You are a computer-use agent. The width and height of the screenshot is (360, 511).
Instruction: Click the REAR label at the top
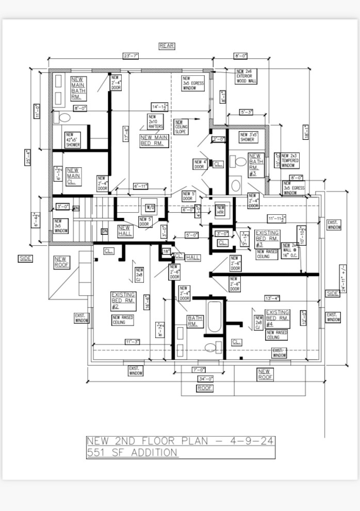point(167,46)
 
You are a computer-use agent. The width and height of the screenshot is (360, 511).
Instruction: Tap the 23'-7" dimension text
point(130,56)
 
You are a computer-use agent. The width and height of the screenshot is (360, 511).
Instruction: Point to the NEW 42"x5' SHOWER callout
point(73,140)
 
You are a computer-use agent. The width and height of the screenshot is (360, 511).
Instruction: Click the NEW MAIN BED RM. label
point(154,140)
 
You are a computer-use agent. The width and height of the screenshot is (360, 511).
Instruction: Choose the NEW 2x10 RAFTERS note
point(156,122)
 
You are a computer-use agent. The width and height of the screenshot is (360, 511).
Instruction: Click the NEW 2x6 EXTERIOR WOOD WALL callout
point(247,76)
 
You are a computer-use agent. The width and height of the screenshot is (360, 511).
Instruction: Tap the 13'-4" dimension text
point(272,298)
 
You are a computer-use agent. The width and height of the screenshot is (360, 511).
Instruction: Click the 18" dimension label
point(166,251)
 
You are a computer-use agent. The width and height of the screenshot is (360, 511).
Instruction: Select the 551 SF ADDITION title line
point(132,453)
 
